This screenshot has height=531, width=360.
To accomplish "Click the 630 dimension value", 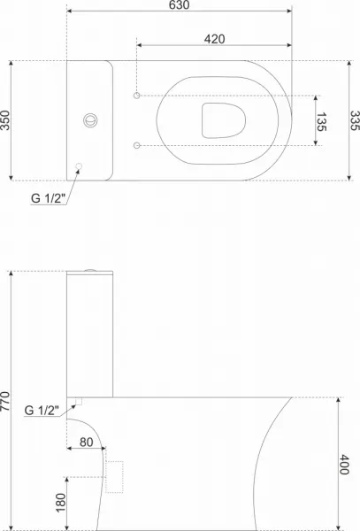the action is [179, 4].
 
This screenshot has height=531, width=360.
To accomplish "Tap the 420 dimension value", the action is [214, 39].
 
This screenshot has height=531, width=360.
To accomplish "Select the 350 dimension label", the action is [5, 120].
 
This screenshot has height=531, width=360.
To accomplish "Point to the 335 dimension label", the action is [355, 120].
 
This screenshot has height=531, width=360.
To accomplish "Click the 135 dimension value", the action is [321, 121].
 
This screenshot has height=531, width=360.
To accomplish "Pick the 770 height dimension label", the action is [5, 401].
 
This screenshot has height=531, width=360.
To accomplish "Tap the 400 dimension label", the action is [344, 465].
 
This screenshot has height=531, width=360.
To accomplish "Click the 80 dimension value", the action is [87, 442].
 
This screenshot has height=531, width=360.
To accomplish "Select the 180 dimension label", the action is [60, 503].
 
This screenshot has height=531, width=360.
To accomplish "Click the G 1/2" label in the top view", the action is [48, 198].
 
